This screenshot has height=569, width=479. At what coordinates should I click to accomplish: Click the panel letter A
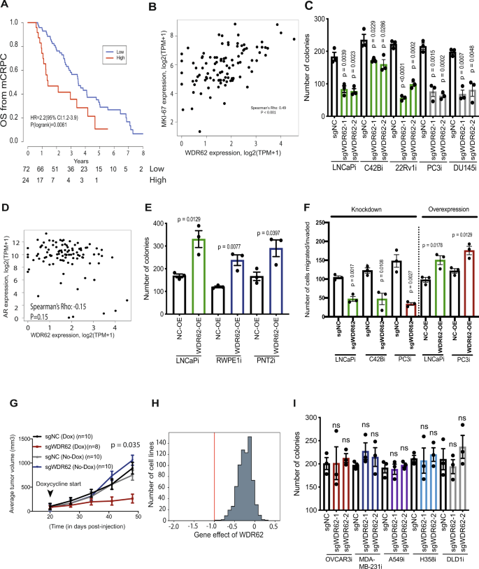[x=6, y=6]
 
